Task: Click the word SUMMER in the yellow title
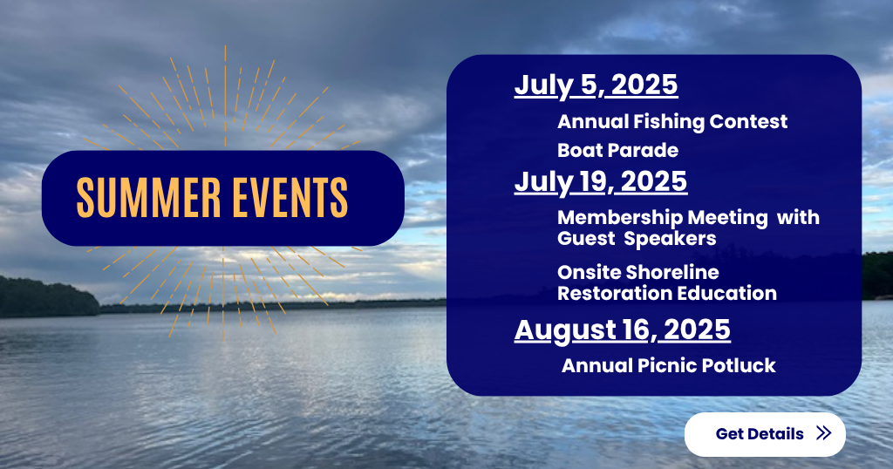pyautogui.click(x=148, y=198)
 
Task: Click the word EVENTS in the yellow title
pyautogui.click(x=290, y=198)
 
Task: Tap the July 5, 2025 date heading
pyautogui.click(x=596, y=85)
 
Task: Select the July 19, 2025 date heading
pyautogui.click(x=601, y=182)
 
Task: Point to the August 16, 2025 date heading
pyautogui.click(x=623, y=330)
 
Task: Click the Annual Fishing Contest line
pyautogui.click(x=672, y=122)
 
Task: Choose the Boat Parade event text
pyautogui.click(x=618, y=150)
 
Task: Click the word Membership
pyautogui.click(x=620, y=218)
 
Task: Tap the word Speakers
pyautogui.click(x=670, y=239)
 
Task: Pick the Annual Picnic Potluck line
pyautogui.click(x=669, y=365)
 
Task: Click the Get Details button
pyautogui.click(x=765, y=434)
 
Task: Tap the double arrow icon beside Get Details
pyautogui.click(x=823, y=433)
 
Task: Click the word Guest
pyautogui.click(x=586, y=239)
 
